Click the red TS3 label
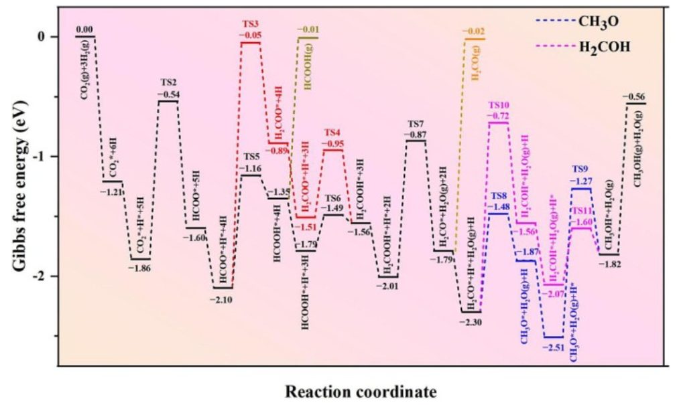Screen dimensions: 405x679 coord(251,24)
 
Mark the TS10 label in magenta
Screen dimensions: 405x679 coord(499,105)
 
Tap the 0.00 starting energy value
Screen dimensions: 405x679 coord(84,29)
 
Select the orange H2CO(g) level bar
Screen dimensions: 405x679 coord(475,39)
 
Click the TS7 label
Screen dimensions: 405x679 coord(416,124)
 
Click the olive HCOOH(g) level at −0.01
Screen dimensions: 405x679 coord(308,37)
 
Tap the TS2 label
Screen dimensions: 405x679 coord(168,82)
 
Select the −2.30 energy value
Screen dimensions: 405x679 coord(471,322)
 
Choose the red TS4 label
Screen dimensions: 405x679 coord(332,133)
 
